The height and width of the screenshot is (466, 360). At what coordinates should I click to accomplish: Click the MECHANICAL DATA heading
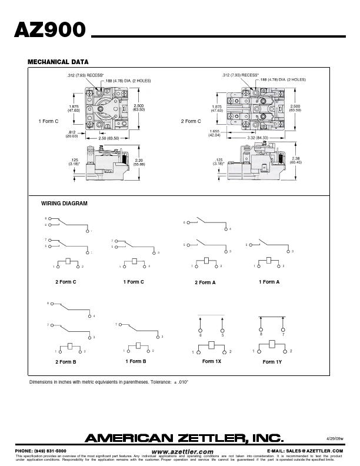click(58, 62)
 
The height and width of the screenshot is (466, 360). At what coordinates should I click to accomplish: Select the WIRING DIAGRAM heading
click(64, 203)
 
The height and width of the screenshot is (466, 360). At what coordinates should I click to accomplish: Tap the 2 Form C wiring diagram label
click(66, 282)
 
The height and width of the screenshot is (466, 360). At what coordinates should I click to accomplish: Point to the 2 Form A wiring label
click(205, 282)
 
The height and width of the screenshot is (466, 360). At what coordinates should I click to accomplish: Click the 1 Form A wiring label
click(269, 282)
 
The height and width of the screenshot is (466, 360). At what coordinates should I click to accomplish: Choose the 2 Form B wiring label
click(66, 362)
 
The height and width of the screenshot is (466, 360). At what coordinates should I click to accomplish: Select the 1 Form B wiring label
click(135, 361)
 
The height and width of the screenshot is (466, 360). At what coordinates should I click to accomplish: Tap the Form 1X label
click(212, 361)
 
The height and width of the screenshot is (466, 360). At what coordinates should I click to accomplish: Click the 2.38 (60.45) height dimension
click(295, 160)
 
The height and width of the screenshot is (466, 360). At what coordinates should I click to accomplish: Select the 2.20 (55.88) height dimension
click(139, 162)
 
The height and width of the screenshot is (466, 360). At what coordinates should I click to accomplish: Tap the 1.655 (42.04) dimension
click(214, 134)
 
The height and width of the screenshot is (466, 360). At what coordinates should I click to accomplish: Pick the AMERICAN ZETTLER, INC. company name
click(184, 437)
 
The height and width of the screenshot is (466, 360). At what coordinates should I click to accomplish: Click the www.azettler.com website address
click(182, 451)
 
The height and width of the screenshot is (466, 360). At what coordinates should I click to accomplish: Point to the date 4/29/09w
click(334, 438)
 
